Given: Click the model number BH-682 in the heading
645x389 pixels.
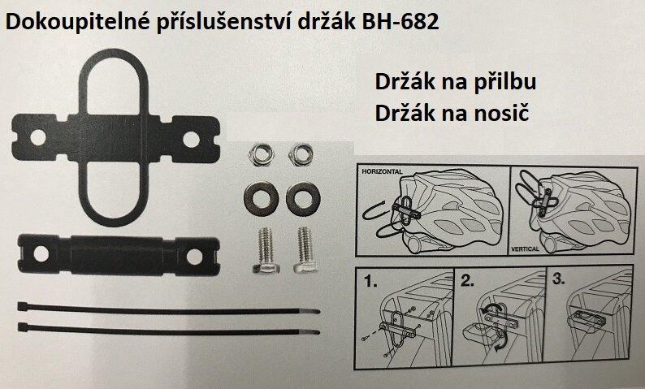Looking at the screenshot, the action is coord(400,22).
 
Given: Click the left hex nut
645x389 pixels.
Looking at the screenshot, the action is coord(261,155).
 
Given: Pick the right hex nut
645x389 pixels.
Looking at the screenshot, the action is coord(301,155).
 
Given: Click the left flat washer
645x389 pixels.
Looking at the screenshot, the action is coord(261,199).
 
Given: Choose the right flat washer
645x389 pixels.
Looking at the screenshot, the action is coord(303,199).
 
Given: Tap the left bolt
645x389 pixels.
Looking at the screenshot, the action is coord(266,250).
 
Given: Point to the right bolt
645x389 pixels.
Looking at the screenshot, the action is coord(305,249).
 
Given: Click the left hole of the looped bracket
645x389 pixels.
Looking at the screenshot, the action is coord(38,138).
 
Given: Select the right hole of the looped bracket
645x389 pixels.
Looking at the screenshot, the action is coord(191,139).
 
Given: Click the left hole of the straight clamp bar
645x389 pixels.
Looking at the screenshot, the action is coord(41,253).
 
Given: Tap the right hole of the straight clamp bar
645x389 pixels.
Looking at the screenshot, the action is coord(194,257).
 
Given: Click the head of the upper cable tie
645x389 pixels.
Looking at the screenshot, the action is coord(22,306).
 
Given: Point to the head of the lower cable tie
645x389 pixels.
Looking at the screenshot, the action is coord(23,327).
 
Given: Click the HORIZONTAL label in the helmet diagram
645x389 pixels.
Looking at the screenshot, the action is coord(382,171).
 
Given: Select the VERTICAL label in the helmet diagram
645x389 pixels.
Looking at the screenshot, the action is coord(525,249).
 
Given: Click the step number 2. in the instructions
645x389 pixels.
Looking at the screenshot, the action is coord(467,281).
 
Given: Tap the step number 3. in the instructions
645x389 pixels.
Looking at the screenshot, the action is coord(558,279).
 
